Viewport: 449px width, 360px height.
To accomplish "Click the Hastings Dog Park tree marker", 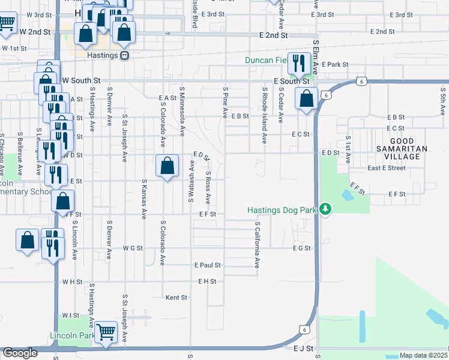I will pyautogui.click(x=325, y=209).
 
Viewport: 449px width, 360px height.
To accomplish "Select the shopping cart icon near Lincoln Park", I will pyautogui.click(x=106, y=331).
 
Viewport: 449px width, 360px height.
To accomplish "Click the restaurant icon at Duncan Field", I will pyautogui.click(x=297, y=62).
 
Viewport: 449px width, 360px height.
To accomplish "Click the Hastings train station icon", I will pyautogui.click(x=124, y=55).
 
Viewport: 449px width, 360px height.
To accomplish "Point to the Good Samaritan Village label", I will pyautogui.click(x=402, y=152).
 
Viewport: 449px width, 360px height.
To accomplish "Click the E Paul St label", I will pyautogui.click(x=208, y=265).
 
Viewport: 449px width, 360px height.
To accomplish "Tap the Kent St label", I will pyautogui.click(x=176, y=297).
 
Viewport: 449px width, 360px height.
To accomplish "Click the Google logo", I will pyautogui.click(x=20, y=353).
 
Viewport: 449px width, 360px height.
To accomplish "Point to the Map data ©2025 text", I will pyautogui.click(x=423, y=355).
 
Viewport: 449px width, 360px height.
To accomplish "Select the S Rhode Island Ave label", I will pyautogui.click(x=264, y=115).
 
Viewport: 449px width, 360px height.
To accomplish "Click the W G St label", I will pyautogui.click(x=132, y=248).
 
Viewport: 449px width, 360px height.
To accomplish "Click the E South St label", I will pyautogui.click(x=291, y=80).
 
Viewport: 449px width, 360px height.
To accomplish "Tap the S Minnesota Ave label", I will pyautogui.click(x=182, y=113).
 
